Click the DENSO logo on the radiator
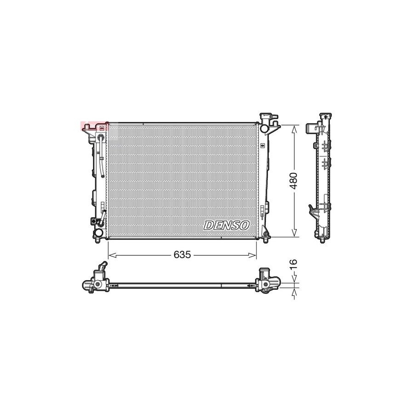point(227,225)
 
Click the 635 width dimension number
point(182,255)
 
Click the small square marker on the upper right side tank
point(263,145)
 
